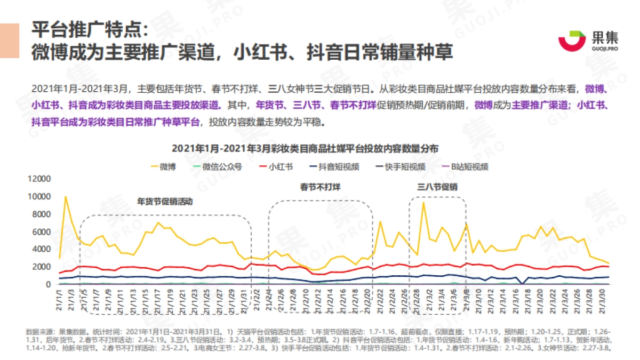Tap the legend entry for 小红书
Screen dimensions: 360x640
pos(275,166)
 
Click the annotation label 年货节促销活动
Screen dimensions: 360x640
pos(165,203)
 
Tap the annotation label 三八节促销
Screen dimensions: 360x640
pos(437,187)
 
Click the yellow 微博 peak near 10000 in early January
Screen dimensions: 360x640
pos(66,197)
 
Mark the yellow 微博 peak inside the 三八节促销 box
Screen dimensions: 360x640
pos(423,202)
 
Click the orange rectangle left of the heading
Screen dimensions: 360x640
pos(10,41)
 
